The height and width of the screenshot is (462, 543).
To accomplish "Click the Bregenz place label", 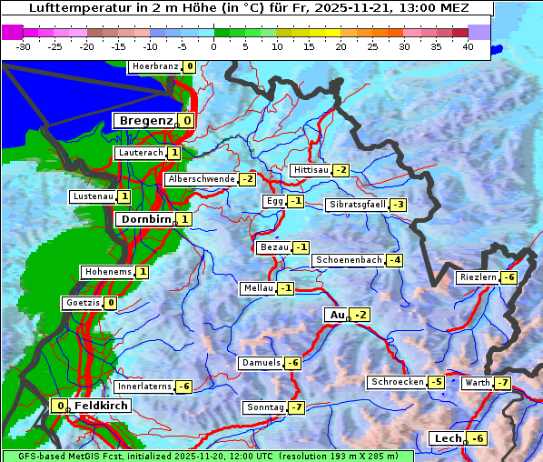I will [143, 120].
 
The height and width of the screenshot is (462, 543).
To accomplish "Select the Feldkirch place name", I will [94, 406].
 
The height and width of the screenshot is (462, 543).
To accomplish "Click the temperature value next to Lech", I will [477, 438].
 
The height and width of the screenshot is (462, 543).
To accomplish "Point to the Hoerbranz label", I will [154, 66].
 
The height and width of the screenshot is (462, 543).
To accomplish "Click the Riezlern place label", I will [479, 277].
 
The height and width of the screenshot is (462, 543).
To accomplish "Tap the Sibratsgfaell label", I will [358, 205].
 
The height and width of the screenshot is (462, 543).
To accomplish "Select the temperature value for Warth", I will [502, 383].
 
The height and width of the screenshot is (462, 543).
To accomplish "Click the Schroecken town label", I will [397, 382].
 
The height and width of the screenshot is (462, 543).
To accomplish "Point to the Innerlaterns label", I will [144, 387].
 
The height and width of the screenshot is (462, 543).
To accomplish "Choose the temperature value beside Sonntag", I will [296, 407].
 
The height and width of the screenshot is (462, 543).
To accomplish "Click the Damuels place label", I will [261, 363].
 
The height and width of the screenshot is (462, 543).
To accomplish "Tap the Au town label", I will [336, 315].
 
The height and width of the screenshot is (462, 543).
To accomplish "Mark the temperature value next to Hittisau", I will [341, 170].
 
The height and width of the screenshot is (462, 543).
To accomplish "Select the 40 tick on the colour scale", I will [468, 46].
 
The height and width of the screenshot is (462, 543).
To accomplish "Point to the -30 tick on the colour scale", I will [24, 46].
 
